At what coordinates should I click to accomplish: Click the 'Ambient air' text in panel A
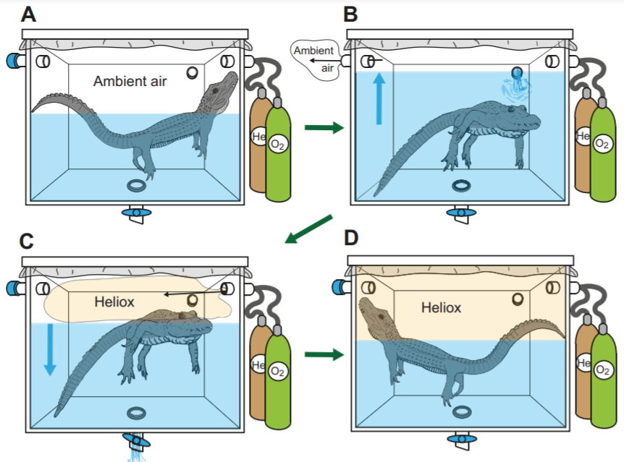(x=130, y=82)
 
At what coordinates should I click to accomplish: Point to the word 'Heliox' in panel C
(x=114, y=301)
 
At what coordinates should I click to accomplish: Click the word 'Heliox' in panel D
(x=441, y=308)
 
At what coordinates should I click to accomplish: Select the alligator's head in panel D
(x=376, y=313)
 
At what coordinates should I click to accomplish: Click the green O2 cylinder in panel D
(x=602, y=376)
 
